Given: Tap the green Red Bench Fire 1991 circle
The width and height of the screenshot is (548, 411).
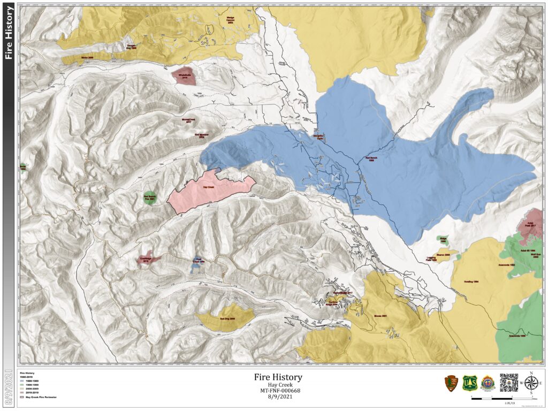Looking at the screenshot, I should (x=150, y=197).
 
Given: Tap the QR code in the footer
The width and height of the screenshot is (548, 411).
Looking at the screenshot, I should (x=508, y=382).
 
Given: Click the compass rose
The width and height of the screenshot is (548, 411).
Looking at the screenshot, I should (x=531, y=383).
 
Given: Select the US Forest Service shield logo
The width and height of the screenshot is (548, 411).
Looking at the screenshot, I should (x=469, y=383).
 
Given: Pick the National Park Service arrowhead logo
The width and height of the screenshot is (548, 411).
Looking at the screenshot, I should (x=451, y=383).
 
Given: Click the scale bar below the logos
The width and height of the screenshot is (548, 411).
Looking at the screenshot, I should (x=487, y=398).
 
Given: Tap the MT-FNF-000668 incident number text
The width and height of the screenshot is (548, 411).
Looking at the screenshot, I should (x=277, y=390).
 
